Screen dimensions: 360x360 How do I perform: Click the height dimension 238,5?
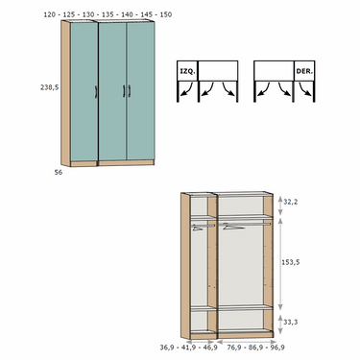click(50, 87)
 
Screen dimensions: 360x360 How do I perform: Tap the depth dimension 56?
click(59, 172)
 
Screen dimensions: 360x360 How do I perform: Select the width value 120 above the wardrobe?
click(49, 14)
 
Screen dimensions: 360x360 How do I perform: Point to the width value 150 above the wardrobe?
click(166, 14)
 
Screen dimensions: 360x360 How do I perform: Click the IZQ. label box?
click(187, 71)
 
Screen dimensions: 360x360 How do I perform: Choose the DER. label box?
click(304, 71)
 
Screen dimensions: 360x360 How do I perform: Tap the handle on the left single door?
click(96, 92)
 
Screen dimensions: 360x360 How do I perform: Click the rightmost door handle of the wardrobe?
click(130, 91)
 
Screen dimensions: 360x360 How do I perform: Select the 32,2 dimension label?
click(291, 202)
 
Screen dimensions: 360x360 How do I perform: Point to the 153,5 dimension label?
click(291, 262)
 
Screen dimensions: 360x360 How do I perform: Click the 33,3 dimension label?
click(291, 322)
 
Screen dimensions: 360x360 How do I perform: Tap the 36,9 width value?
click(166, 348)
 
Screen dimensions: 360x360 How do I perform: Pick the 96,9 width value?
click(278, 348)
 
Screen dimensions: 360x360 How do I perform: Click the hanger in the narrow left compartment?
click(198, 228)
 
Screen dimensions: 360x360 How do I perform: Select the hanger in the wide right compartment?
click(233, 227)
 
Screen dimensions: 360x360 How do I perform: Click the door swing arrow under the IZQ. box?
click(186, 89)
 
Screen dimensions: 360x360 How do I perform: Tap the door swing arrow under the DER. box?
click(305, 89)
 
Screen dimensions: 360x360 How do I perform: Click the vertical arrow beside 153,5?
click(280, 263)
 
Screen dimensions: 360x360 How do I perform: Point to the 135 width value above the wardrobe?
click(108, 14)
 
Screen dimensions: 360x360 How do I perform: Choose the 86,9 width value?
click(255, 348)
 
